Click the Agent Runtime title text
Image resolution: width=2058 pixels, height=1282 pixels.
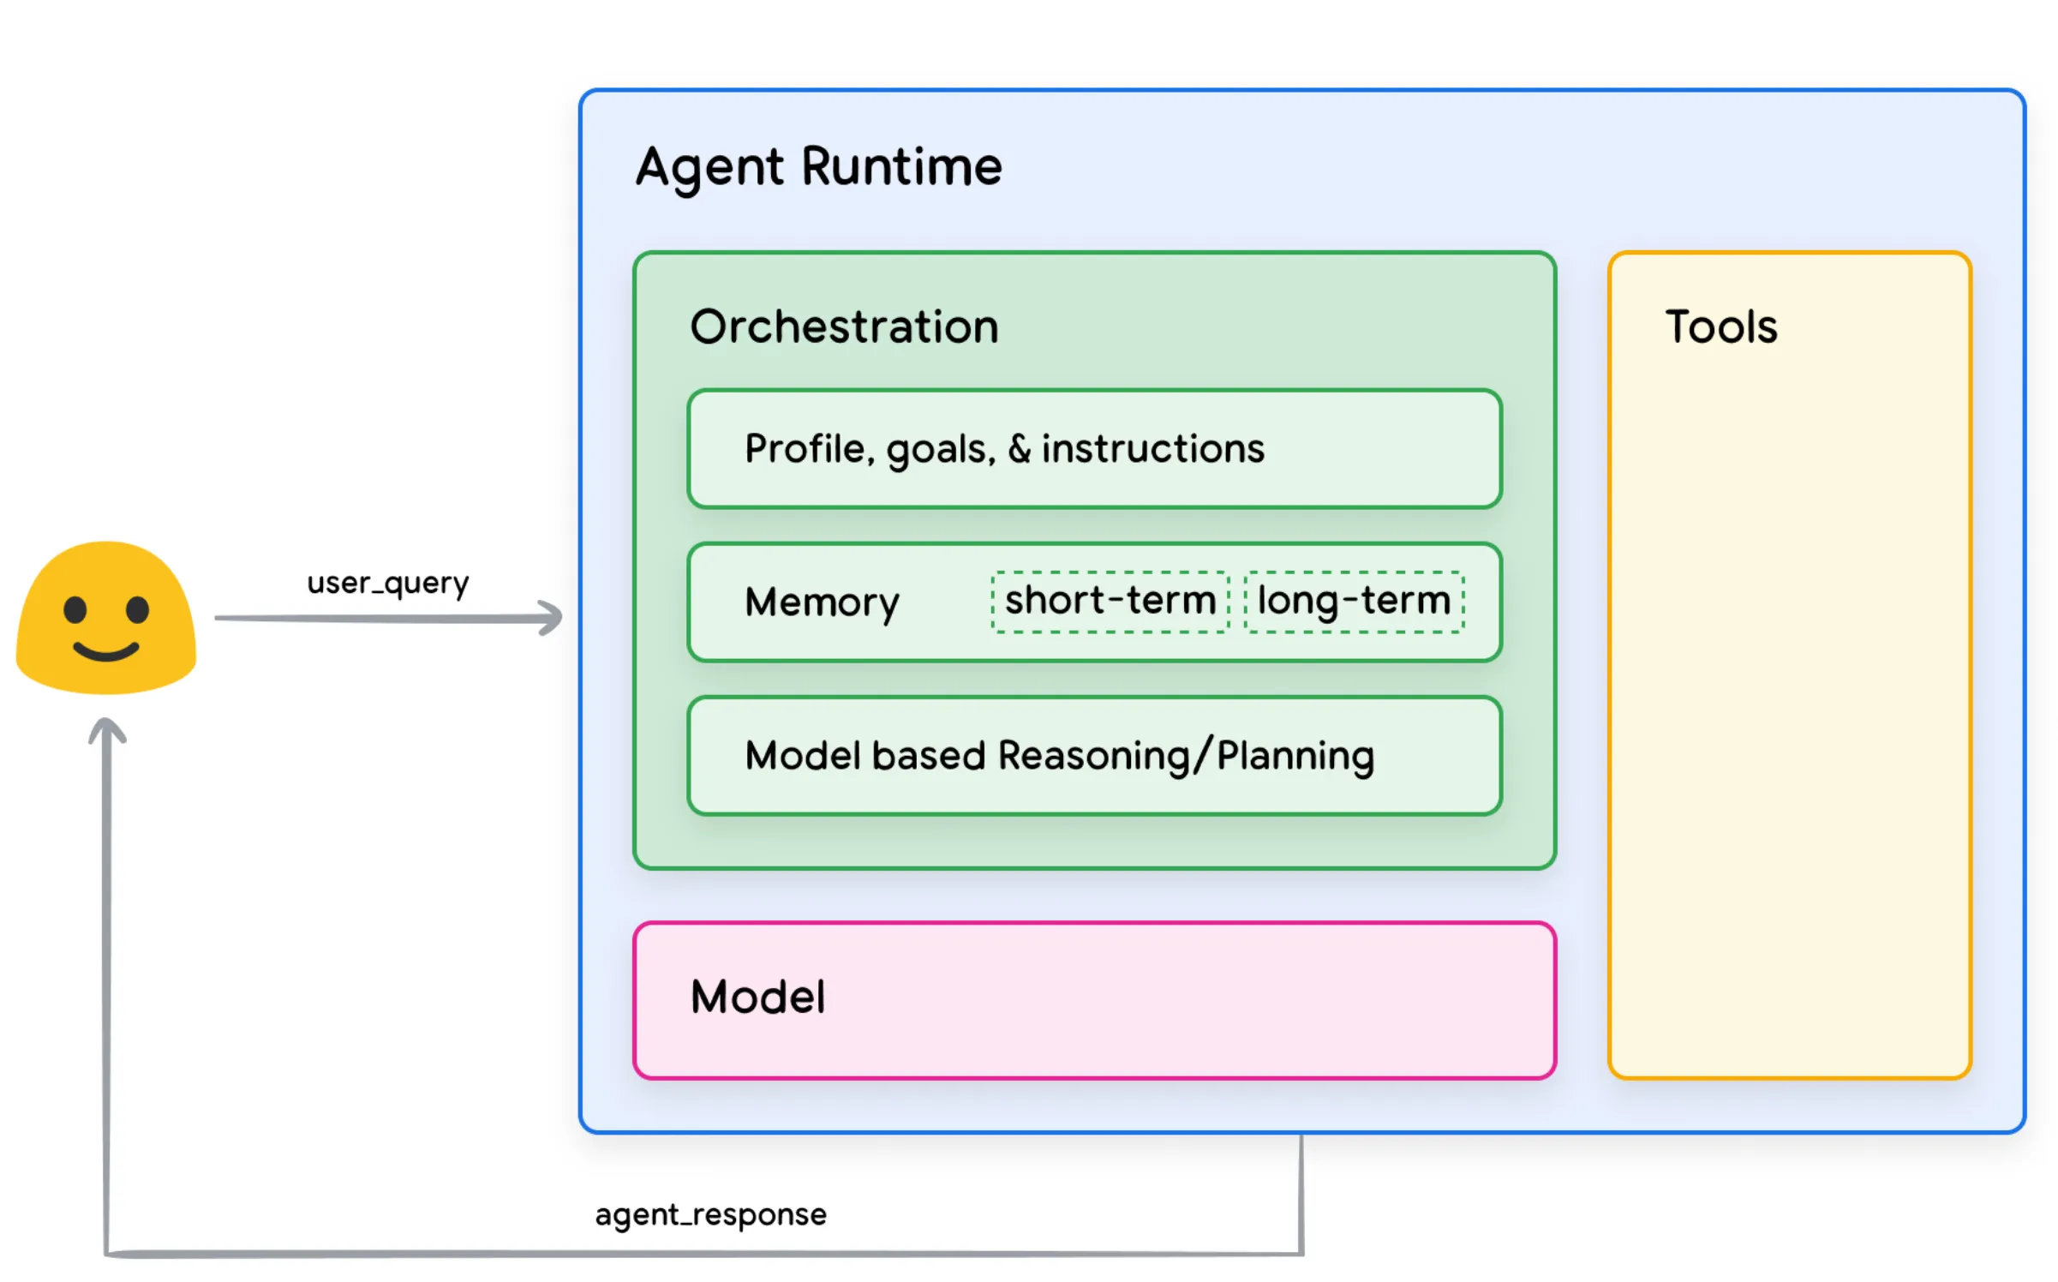(x=818, y=166)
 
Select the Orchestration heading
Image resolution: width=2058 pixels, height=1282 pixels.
(x=844, y=326)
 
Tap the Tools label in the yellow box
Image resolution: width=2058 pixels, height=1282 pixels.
(x=1720, y=326)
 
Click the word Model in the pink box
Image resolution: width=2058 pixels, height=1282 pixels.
(x=757, y=997)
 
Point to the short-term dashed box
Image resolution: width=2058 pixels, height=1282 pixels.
(x=1110, y=602)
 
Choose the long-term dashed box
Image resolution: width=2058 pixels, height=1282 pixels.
(x=1354, y=602)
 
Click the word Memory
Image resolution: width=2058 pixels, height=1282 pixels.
(x=822, y=602)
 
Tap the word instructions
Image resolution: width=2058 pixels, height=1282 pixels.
(x=1152, y=448)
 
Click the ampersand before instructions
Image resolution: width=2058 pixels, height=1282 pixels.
(x=1019, y=448)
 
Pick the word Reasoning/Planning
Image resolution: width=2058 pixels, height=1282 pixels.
(x=1186, y=756)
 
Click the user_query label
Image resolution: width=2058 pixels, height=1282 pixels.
(x=388, y=583)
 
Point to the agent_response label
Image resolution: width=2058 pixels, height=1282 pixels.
(x=710, y=1214)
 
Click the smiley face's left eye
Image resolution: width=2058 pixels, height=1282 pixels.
(x=75, y=610)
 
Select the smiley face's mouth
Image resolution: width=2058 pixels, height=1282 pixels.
(x=106, y=651)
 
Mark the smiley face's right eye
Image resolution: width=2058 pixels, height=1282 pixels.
(x=138, y=610)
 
